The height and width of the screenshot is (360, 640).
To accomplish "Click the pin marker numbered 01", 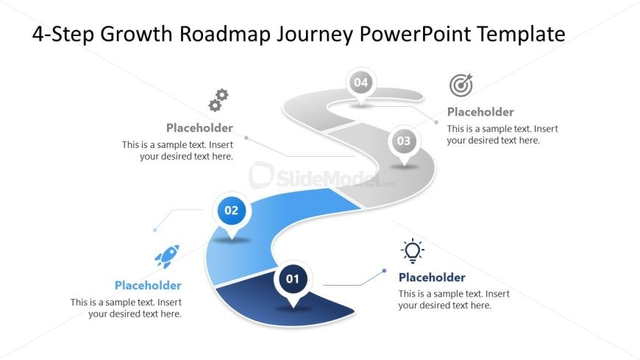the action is (293, 282).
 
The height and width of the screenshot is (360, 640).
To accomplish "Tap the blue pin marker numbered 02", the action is (232, 213).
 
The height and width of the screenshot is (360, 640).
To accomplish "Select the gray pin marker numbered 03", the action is (404, 144).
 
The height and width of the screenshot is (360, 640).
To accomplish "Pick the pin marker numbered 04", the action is (360, 85).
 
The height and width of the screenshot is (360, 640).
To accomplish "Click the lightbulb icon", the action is (412, 251).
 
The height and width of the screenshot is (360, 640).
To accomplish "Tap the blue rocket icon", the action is (167, 256).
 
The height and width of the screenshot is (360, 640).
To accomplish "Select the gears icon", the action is (218, 100).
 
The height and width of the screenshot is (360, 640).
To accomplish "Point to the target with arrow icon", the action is (461, 85).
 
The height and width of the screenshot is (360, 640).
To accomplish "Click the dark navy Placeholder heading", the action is (432, 278).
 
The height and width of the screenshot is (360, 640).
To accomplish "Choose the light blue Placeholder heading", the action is (148, 285).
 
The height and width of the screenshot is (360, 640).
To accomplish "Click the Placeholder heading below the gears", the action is (199, 128).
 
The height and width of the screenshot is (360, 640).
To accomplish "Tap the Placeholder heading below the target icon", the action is (480, 112).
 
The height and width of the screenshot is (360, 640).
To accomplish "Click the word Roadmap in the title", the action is (225, 34).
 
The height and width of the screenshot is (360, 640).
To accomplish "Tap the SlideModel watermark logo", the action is (322, 177).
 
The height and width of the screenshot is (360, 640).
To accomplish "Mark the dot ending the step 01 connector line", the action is (384, 270).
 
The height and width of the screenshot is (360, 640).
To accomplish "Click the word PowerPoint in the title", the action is (415, 34).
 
